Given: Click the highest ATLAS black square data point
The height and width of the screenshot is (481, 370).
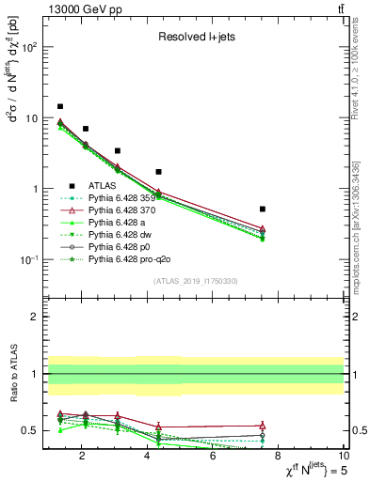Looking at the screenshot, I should point(60,107).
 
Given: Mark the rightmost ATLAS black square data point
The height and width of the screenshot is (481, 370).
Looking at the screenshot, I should point(263,209).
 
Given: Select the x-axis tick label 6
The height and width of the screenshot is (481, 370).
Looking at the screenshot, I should point(213,458).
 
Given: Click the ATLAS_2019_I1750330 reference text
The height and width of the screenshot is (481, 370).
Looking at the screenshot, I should point(195,281).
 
